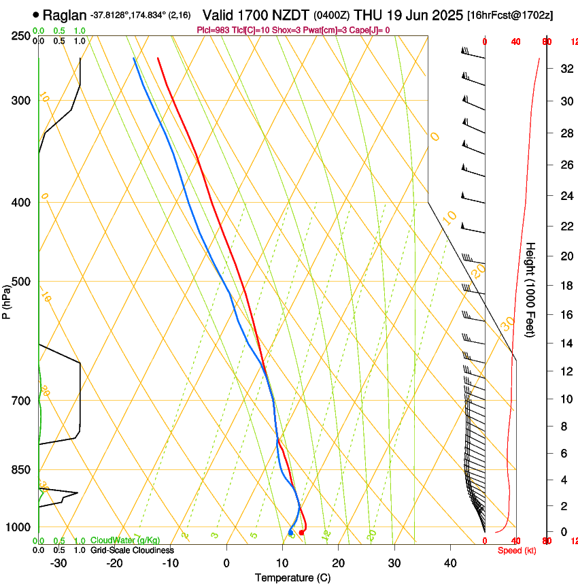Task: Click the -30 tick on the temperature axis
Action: (58, 563)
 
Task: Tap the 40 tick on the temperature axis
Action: (450, 563)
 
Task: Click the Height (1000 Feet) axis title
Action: (530, 289)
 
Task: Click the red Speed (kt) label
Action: (517, 550)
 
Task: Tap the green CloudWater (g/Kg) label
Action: (125, 541)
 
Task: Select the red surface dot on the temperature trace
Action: (302, 532)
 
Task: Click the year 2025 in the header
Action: (445, 14)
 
